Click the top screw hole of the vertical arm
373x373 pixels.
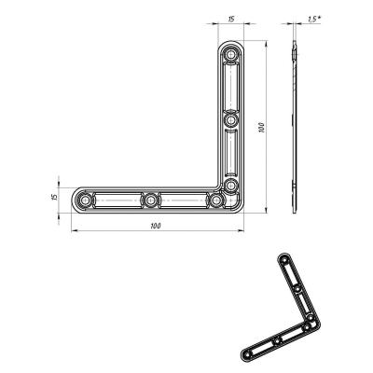point(230,55)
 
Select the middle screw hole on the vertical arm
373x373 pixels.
point(230,119)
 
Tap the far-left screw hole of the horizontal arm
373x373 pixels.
point(84,200)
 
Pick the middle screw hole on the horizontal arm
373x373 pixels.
point(150,200)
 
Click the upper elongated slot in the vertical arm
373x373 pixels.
point(230,87)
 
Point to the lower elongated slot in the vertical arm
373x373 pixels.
point(230,152)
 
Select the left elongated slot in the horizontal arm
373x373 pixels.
point(117,200)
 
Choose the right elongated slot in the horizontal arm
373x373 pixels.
point(184,200)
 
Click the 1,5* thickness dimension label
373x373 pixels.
point(314,20)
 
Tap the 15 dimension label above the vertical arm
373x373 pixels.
point(230,20)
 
